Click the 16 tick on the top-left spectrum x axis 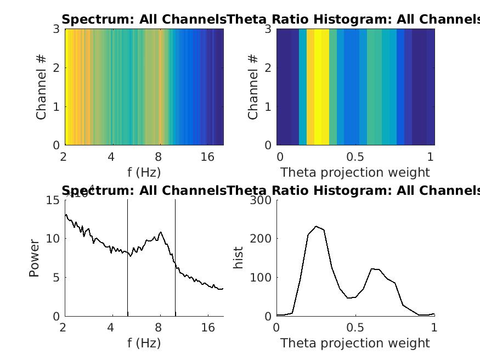click(x=207, y=157)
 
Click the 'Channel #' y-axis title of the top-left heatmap click(x=42, y=87)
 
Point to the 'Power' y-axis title click(x=34, y=258)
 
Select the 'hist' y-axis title click(x=239, y=258)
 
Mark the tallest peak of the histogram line click(x=316, y=226)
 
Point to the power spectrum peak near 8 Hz click(x=160, y=232)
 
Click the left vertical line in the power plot click(x=128, y=258)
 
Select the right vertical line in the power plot click(x=176, y=258)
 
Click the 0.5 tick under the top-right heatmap click(x=355, y=157)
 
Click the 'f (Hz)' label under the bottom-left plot click(x=144, y=344)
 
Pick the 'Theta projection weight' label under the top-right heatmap click(x=355, y=173)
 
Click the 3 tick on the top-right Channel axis click(x=268, y=29)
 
